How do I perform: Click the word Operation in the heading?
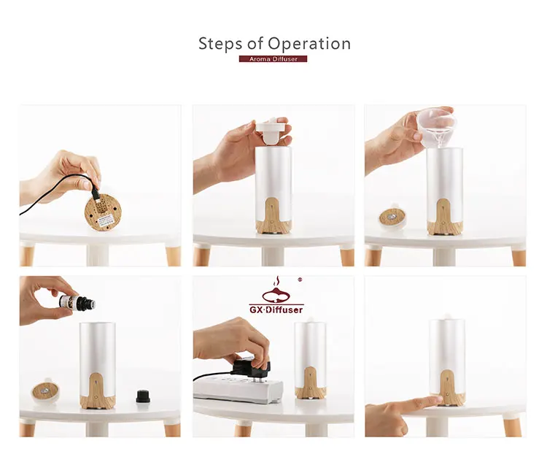[x=309, y=44]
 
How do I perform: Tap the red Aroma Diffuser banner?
[x=273, y=59]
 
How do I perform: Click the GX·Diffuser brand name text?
[x=276, y=309]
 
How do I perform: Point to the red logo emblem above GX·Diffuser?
[x=276, y=291]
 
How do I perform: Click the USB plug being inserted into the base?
[x=96, y=193]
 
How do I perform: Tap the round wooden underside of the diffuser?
[x=104, y=213]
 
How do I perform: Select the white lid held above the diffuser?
[x=273, y=131]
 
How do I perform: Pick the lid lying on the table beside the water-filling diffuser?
[x=392, y=217]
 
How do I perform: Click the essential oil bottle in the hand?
[x=77, y=302]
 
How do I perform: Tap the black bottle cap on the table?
[x=143, y=396]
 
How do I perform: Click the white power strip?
[x=238, y=388]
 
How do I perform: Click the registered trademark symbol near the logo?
[x=300, y=280]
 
